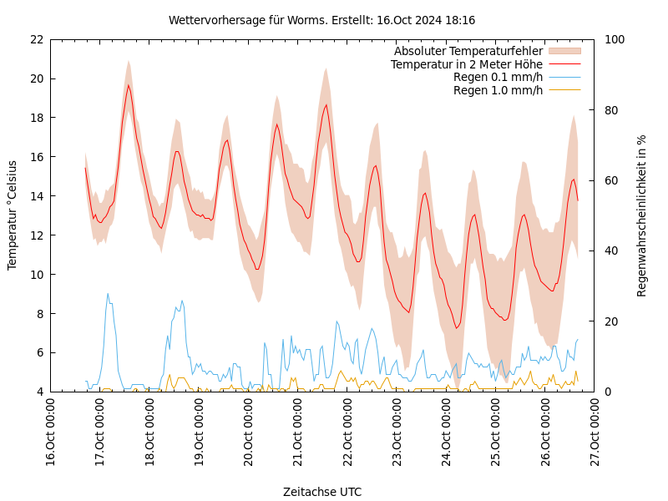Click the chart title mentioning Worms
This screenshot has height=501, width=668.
(x=321, y=20)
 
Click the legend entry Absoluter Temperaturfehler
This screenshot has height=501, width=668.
(x=468, y=52)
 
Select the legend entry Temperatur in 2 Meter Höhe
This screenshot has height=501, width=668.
(x=466, y=64)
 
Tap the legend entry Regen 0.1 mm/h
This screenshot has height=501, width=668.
(x=498, y=78)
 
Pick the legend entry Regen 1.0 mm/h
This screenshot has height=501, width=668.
(x=498, y=90)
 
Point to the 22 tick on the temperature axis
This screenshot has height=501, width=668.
(x=36, y=39)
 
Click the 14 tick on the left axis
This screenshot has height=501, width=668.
(x=36, y=196)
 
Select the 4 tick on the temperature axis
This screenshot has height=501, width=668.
(x=39, y=392)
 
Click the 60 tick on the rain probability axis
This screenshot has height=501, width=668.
(x=610, y=180)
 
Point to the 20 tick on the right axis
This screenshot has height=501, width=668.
(x=610, y=321)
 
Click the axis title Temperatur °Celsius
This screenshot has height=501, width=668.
(x=13, y=215)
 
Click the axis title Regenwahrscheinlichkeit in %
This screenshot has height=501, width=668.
(x=642, y=215)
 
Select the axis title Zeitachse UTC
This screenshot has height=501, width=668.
(x=322, y=492)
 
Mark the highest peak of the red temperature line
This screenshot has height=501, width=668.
(x=129, y=85)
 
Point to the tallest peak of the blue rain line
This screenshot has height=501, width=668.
(x=108, y=294)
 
